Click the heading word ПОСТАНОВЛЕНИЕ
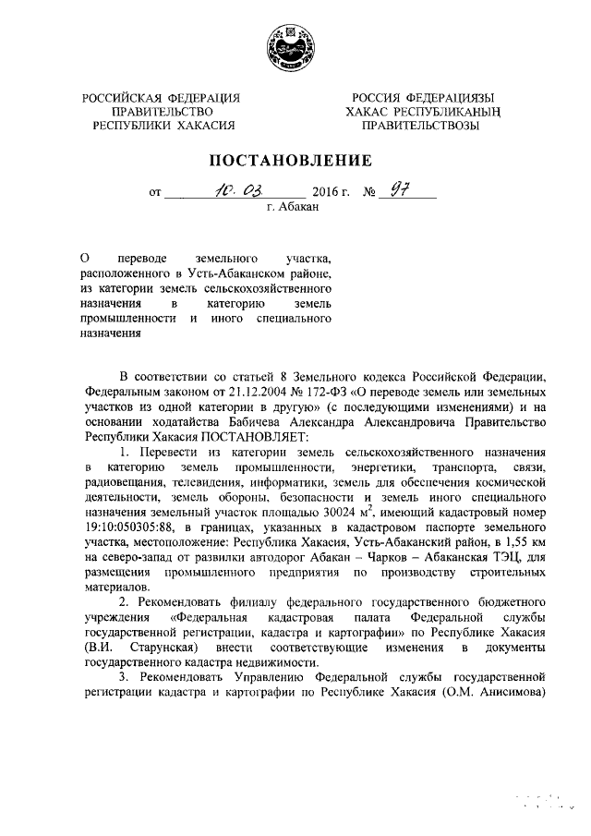[295, 160]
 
